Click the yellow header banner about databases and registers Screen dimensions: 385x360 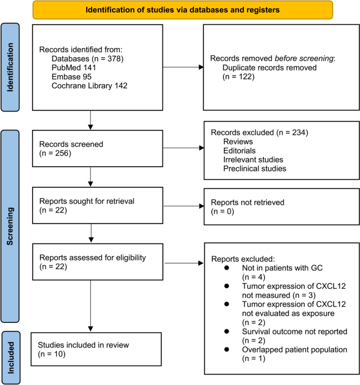tap(182, 9)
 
